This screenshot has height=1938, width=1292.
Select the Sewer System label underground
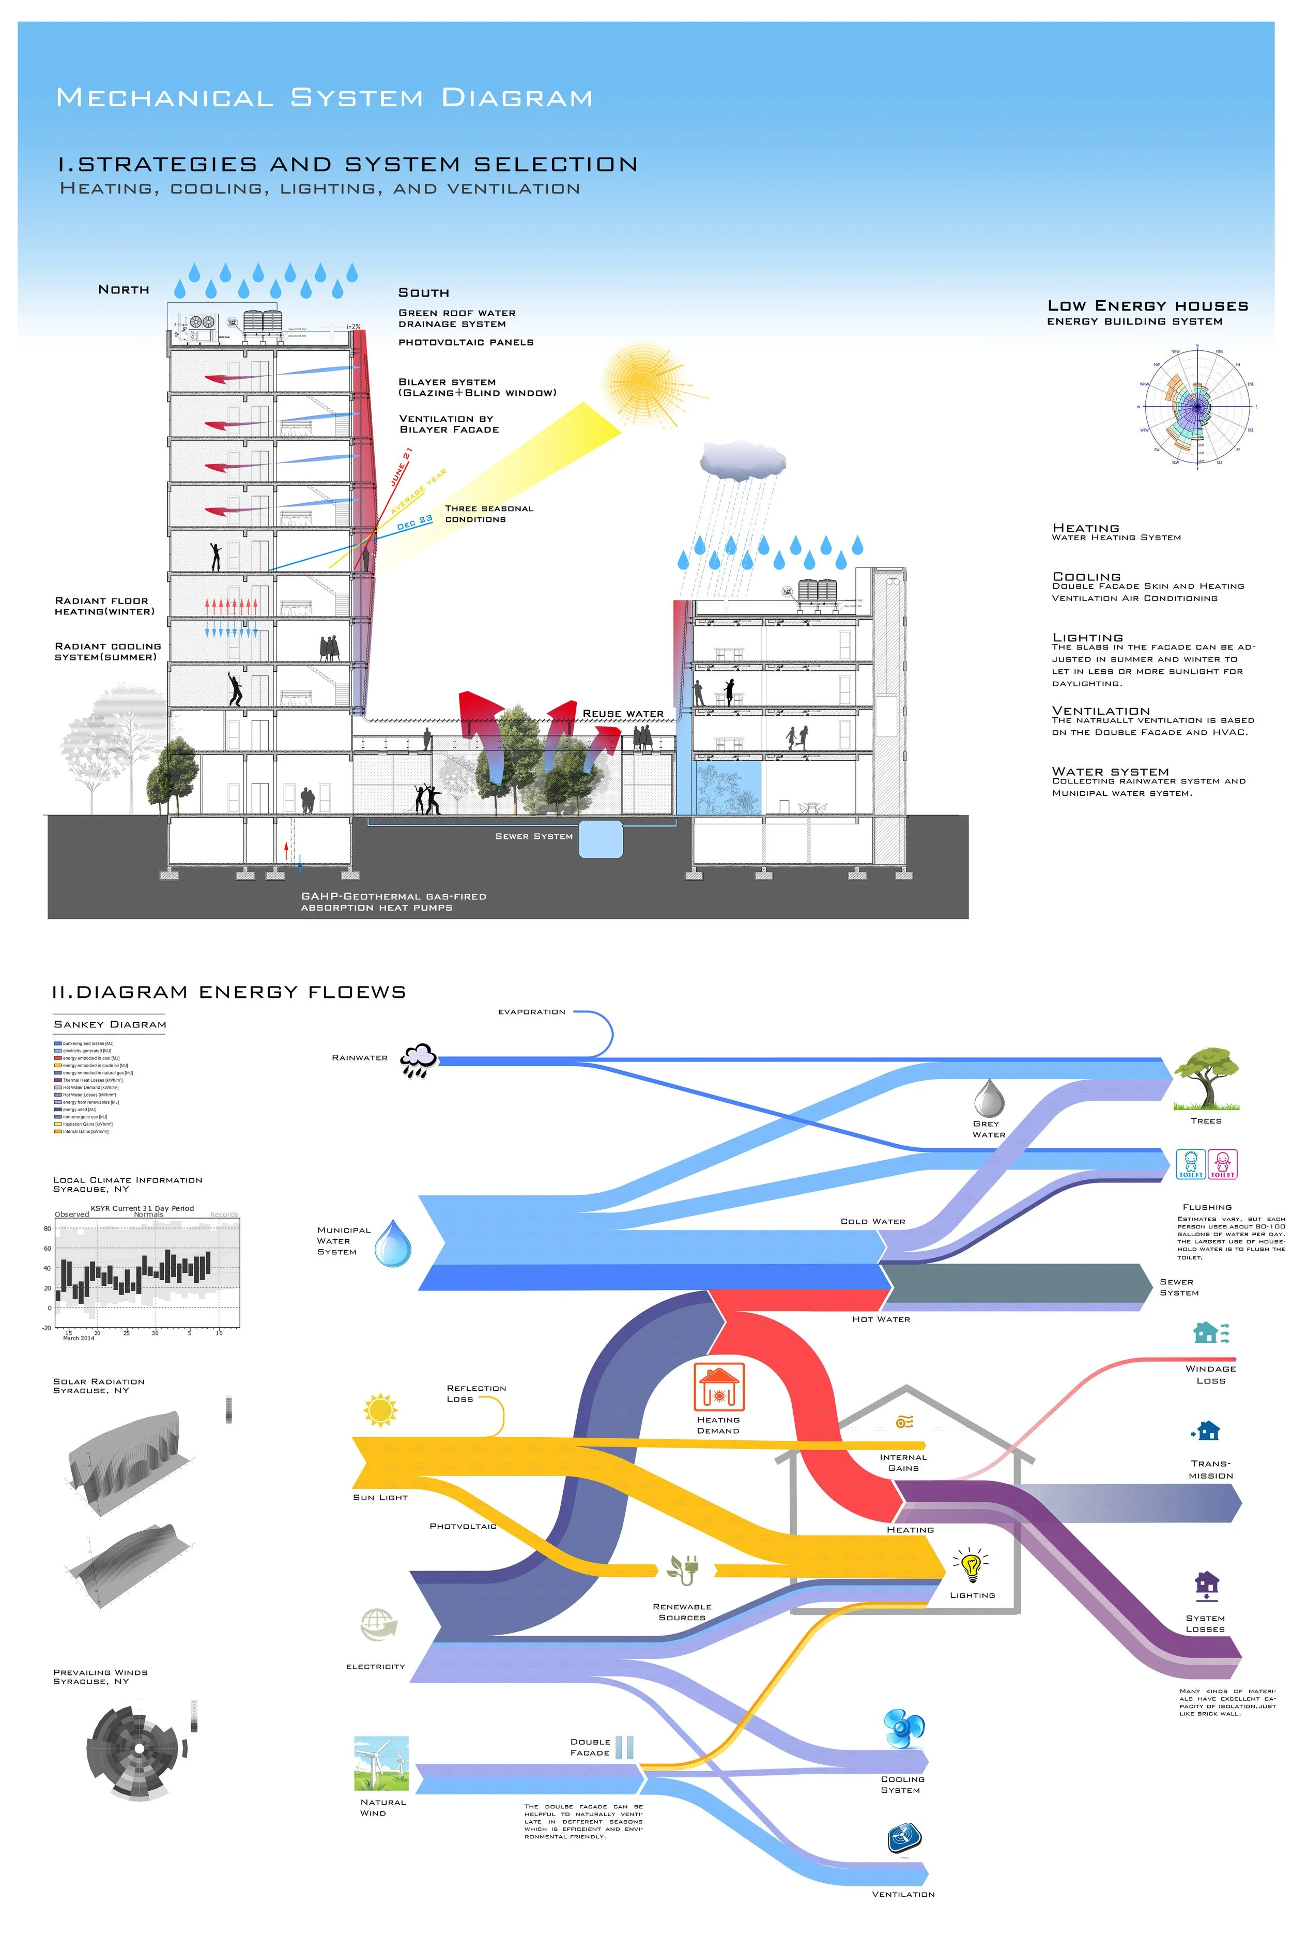point(533,836)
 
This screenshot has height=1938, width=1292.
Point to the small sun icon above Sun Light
point(380,1410)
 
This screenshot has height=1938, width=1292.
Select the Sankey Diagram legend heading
point(110,1025)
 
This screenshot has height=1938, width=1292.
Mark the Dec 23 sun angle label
point(414,522)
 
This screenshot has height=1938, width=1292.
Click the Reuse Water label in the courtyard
point(623,714)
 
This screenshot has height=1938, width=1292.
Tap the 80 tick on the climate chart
point(48,1228)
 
